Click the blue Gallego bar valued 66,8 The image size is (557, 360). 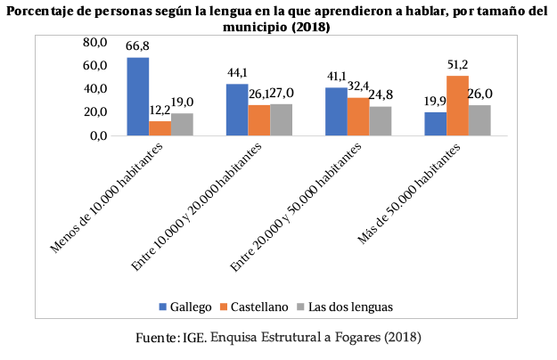coord(137,96)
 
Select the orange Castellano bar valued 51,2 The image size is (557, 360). coord(457,105)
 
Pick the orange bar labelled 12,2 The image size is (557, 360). coord(160,127)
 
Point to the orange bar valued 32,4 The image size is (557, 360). coord(358,116)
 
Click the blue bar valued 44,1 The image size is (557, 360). coord(237,109)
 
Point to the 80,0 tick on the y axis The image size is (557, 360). coord(94,43)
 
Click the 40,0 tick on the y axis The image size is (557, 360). coord(94,89)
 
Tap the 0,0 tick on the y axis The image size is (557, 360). coord(97,135)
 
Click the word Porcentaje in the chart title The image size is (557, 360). coord(45,11)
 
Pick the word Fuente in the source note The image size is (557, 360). coord(157,338)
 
